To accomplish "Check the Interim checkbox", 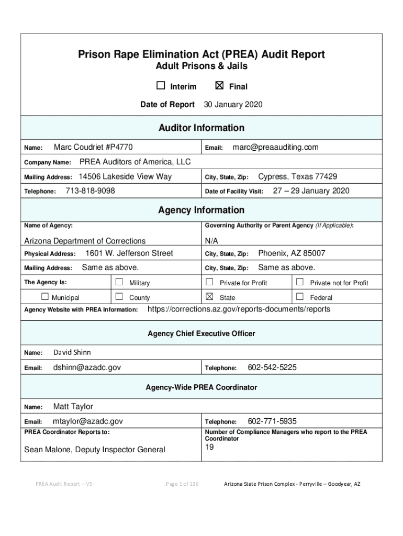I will (x=161, y=86).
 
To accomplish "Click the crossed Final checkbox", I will (x=220, y=86).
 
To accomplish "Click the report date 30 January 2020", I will (x=233, y=105).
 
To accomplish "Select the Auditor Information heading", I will (x=201, y=128).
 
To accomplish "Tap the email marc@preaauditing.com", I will (x=275, y=148).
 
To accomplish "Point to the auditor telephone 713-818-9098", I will (x=90, y=191).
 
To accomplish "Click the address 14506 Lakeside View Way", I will (x=125, y=177).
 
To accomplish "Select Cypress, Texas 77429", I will (x=297, y=177).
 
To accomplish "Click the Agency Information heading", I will (x=201, y=210).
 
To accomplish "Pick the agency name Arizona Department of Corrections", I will (x=85, y=241).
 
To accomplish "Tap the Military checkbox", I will (x=119, y=282).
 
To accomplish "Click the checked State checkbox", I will (x=210, y=297).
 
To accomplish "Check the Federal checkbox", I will (x=300, y=297).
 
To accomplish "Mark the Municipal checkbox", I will (x=44, y=297).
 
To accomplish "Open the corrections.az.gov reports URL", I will (x=239, y=309).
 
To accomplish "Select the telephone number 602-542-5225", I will (x=272, y=367).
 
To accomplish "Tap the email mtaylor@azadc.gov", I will (x=88, y=421).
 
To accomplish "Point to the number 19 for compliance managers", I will (x=210, y=447).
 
